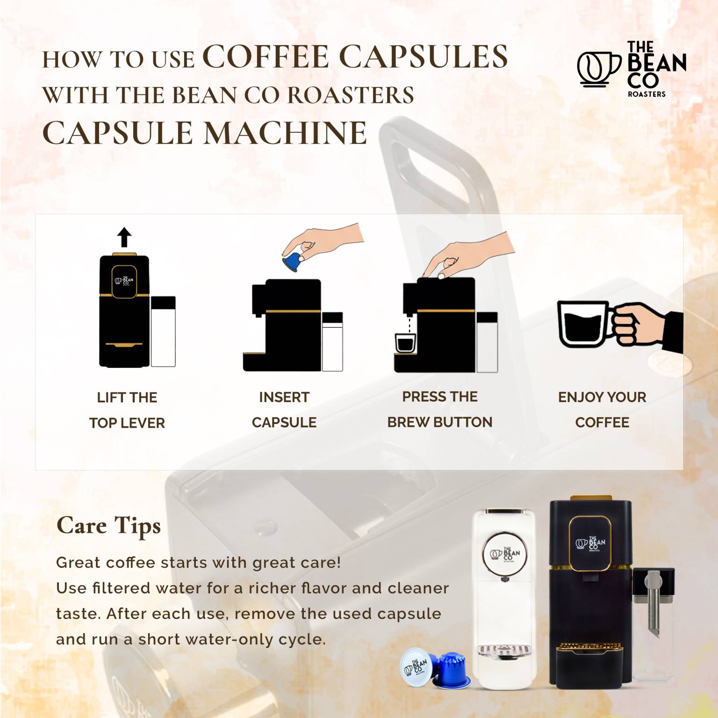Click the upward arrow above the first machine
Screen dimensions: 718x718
[124, 237]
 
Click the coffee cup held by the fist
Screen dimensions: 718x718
[584, 323]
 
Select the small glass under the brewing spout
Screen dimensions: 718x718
[405, 343]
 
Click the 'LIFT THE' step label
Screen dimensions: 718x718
[127, 397]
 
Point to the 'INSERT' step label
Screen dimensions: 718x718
[284, 397]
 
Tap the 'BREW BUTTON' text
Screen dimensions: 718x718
[440, 422]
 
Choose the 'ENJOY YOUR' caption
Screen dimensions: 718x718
[602, 397]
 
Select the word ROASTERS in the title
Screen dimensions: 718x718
[351, 95]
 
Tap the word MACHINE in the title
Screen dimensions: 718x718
[286, 133]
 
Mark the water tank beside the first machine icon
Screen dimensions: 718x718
[163, 331]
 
